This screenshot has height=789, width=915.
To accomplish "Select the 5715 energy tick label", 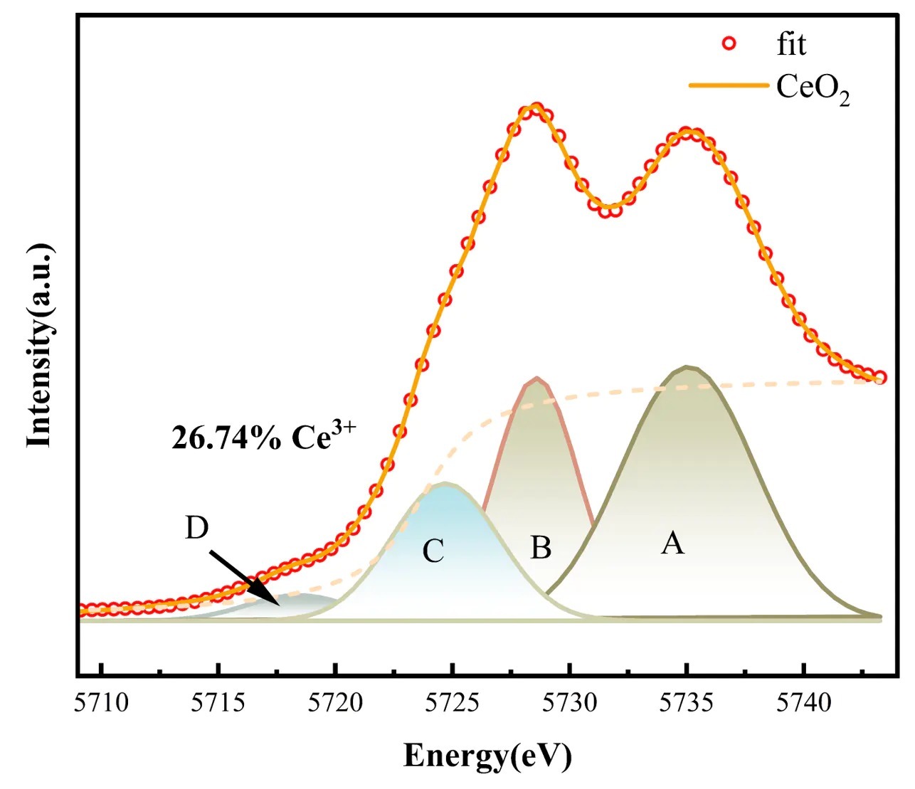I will [219, 703].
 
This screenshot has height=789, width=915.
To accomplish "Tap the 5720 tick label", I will [337, 703].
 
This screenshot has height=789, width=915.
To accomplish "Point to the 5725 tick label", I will [453, 703].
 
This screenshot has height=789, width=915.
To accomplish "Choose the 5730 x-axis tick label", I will [570, 703].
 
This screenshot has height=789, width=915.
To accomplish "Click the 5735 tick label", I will [687, 703].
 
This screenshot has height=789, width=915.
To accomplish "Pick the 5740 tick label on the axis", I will [804, 703].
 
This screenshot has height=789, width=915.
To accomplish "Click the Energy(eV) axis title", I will [487, 756].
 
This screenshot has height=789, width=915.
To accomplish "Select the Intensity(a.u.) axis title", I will [40, 346].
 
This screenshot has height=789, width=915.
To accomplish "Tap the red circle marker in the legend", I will [729, 44].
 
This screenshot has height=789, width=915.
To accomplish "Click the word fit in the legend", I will [791, 44].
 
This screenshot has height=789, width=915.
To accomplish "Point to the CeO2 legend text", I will [813, 88].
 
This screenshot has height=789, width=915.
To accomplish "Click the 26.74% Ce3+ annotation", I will [263, 438].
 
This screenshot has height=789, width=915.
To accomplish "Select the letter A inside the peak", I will [672, 544].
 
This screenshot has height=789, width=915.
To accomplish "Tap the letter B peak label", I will [541, 548].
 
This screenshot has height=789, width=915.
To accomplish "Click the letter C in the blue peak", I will [433, 551].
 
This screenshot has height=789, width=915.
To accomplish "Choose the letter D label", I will [196, 528].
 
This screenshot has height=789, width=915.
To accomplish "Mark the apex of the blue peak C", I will [445, 484].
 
